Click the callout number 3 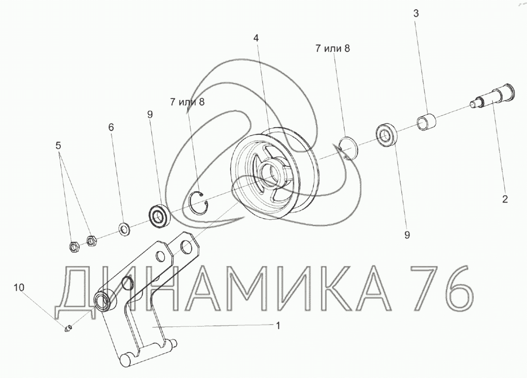click(x=416, y=13)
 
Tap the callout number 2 click(x=504, y=199)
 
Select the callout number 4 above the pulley click(x=256, y=38)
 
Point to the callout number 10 click(x=19, y=287)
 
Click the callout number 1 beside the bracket click(x=277, y=326)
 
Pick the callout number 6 click(x=111, y=127)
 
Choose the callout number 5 click(x=58, y=146)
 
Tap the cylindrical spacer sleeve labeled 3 click(x=426, y=123)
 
